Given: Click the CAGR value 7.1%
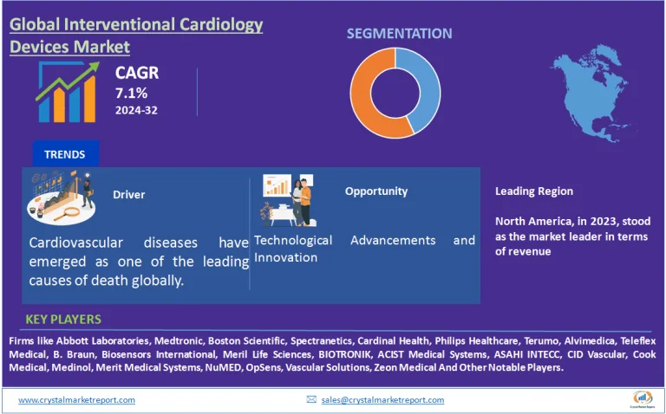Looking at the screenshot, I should point(131,93).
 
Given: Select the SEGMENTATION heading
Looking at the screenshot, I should point(399,34).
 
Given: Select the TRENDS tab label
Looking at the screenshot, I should point(65,154).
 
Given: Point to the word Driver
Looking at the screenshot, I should point(128,195).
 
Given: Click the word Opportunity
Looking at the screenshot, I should point(375,191).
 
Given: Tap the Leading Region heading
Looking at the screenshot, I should point(534,191).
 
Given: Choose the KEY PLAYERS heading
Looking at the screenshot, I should point(63,320).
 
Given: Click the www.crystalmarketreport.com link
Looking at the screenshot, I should point(76,399).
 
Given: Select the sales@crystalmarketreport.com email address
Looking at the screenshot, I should point(382,399).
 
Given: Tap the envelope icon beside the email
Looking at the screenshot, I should point(311,399).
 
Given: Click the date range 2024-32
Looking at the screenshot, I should point(137,111).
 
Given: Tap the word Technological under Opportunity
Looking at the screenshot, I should point(293,240).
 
